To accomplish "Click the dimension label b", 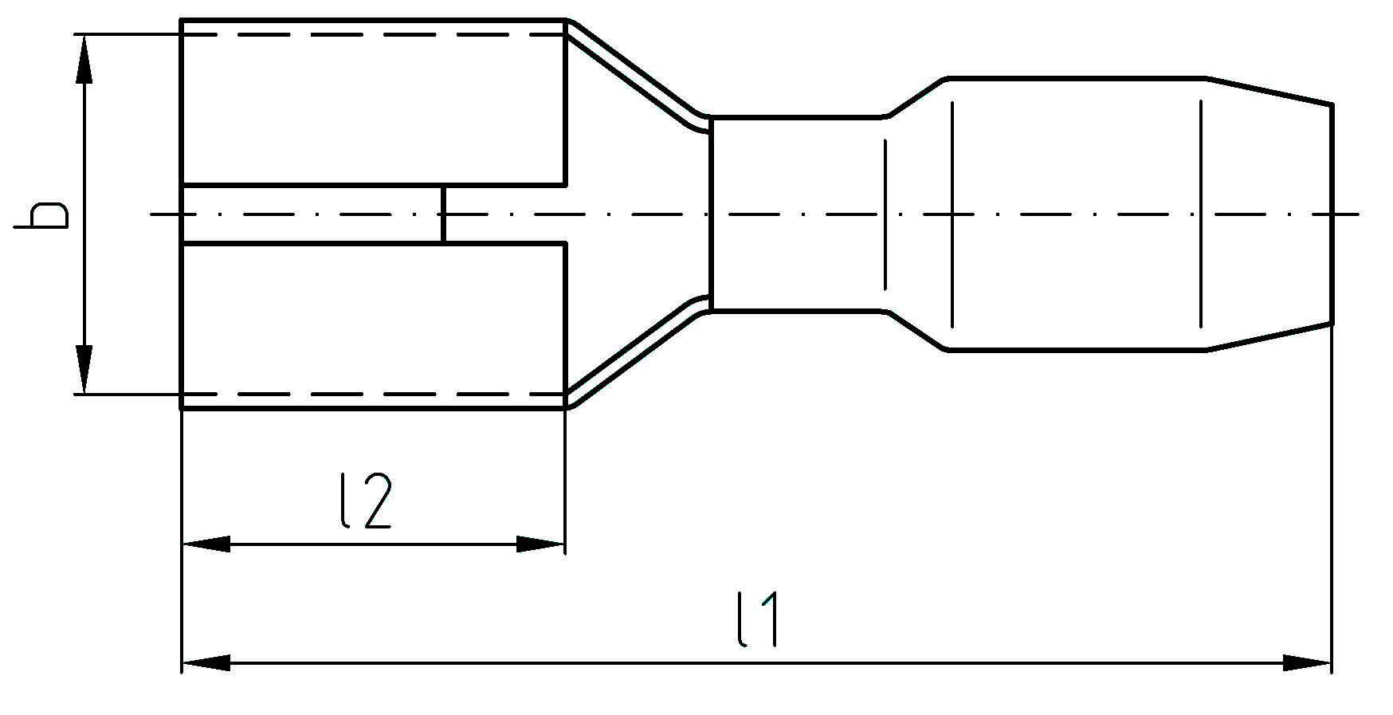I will tap(41, 216).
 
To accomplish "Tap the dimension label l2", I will tap(365, 502).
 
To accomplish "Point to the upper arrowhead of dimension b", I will tap(84, 60).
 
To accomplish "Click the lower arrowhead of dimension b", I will tap(84, 368).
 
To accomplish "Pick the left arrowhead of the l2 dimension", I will tap(206, 544).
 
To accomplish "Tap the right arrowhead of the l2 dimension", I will tap(540, 544).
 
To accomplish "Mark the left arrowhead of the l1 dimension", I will tap(206, 662).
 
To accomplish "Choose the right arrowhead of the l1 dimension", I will tap(1307, 662).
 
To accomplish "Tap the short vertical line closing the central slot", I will tap(442, 214).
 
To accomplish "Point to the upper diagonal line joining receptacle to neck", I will tap(634, 73).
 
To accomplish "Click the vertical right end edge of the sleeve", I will tap(1332, 214).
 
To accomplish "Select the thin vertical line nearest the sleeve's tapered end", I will tap(1201, 214).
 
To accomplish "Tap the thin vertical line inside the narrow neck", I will tap(885, 214).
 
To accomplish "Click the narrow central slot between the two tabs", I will tap(311, 214).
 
